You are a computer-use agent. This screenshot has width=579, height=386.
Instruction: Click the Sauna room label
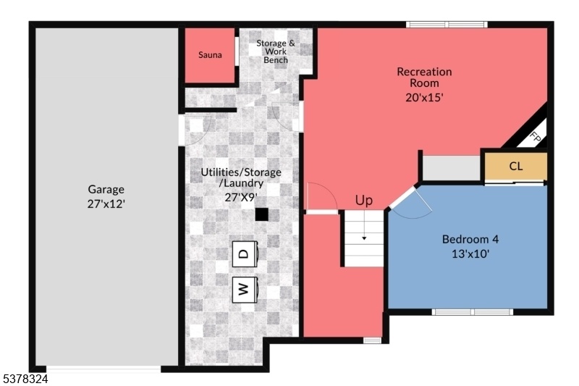(x=210, y=55)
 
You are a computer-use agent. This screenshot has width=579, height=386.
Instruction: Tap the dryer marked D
(x=245, y=254)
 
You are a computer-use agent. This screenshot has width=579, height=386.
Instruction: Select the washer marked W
(x=245, y=290)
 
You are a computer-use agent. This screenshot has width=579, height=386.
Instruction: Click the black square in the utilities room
(x=262, y=214)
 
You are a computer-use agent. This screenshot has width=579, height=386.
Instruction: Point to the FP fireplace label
(x=535, y=137)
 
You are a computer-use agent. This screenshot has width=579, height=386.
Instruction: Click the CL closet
(x=515, y=167)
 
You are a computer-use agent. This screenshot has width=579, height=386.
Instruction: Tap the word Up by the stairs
(x=364, y=201)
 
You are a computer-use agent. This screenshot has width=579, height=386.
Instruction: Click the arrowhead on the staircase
(x=364, y=238)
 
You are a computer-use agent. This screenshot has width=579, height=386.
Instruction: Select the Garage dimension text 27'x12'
(x=106, y=204)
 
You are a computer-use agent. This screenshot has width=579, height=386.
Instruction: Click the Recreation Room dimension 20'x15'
(x=424, y=98)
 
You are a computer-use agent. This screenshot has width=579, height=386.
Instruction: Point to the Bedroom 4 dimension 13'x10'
(x=470, y=254)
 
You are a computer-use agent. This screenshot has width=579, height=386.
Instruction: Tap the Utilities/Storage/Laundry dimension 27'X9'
(x=241, y=198)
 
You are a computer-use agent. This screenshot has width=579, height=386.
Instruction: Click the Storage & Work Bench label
(x=276, y=51)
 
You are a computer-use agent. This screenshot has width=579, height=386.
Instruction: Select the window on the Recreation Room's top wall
(x=447, y=25)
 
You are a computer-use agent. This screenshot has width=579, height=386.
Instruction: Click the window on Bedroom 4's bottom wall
(x=473, y=312)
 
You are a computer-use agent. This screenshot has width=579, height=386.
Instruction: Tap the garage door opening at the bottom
(x=103, y=369)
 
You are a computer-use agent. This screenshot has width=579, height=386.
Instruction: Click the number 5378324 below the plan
(x=25, y=379)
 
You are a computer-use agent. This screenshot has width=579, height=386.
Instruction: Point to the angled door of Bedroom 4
(x=403, y=198)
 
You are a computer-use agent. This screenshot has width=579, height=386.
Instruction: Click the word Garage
(x=106, y=190)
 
